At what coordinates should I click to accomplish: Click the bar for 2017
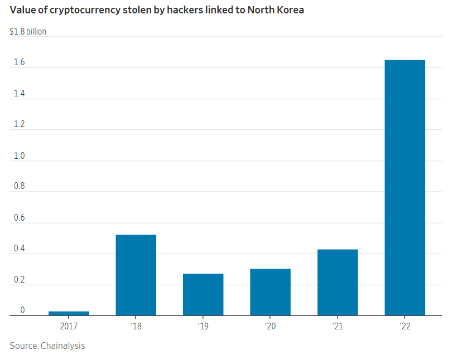click(69, 313)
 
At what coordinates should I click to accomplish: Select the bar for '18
click(136, 275)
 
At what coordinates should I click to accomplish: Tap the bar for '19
click(203, 294)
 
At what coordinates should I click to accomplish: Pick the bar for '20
click(270, 292)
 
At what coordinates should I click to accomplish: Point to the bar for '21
click(338, 282)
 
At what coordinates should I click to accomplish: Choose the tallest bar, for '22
click(404, 187)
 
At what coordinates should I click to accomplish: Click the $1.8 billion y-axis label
click(28, 32)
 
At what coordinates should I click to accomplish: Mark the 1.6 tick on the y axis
click(20, 63)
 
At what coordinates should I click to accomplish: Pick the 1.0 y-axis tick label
click(20, 156)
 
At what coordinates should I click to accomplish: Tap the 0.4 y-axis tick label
click(20, 249)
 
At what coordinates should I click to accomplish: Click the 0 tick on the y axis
click(22, 310)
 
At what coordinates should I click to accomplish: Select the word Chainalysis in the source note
click(62, 346)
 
